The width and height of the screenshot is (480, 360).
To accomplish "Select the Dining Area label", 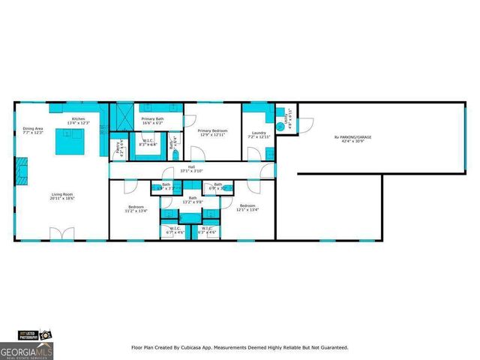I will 32,128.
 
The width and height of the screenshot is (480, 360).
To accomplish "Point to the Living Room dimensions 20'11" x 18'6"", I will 63,198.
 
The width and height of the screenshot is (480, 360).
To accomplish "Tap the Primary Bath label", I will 152,119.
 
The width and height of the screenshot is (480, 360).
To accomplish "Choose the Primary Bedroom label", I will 212,131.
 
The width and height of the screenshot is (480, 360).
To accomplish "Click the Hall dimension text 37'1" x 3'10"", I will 191,171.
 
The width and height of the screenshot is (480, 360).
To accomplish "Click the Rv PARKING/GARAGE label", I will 352,137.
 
